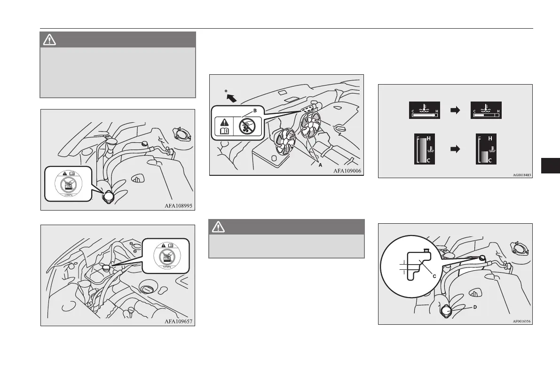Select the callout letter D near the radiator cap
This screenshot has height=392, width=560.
pos(475,308)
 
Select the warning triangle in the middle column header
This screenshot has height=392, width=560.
pos(217,227)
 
